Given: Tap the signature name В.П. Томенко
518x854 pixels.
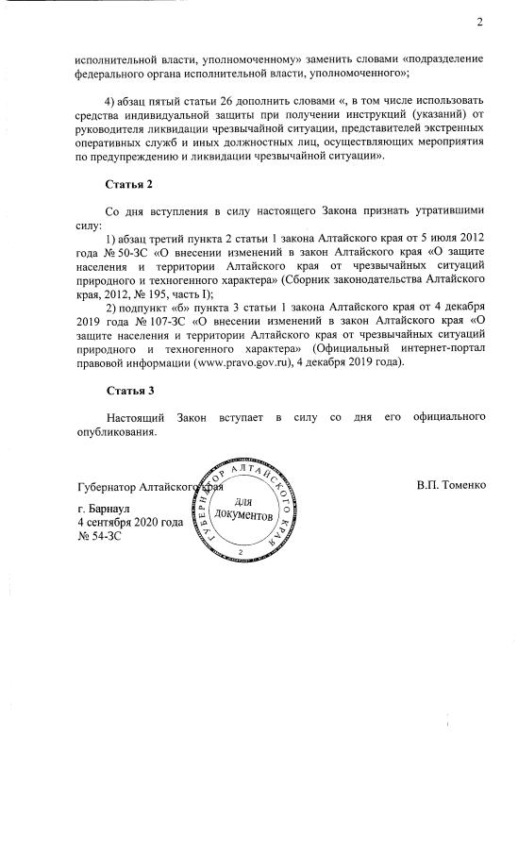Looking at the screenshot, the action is pos(450,486).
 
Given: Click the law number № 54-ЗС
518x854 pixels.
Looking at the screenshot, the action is pos(100,535).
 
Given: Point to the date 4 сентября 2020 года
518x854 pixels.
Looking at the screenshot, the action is pos(130,522).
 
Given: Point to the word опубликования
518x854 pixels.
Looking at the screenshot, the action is pos(116,431).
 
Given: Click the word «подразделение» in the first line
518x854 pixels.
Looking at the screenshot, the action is pos(441,58).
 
